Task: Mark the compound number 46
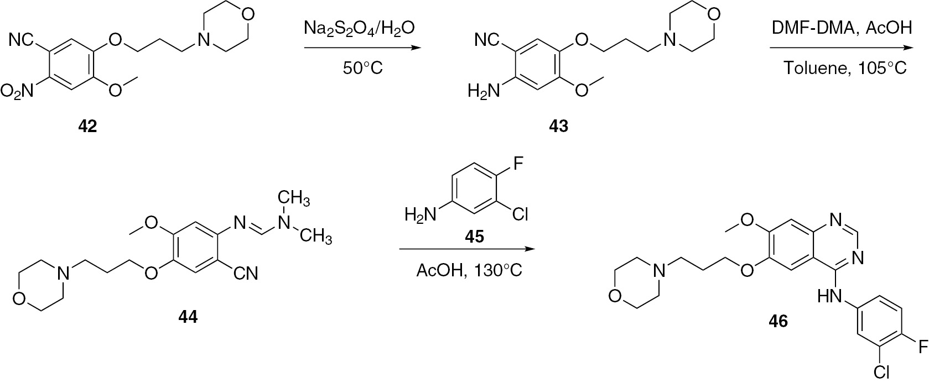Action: point(778,321)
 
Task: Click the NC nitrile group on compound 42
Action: point(23,40)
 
